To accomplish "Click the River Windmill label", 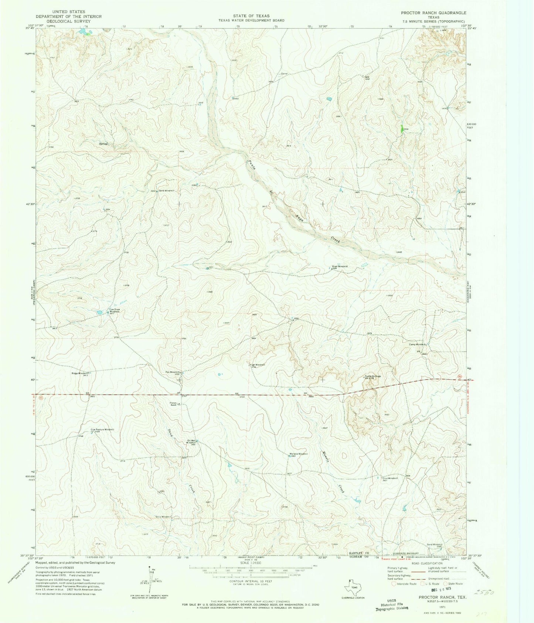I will tap(340, 266).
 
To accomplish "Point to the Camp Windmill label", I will tap(418, 344).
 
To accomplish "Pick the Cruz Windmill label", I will tap(390, 478).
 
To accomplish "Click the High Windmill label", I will tap(258, 365).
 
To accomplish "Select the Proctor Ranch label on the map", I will tap(173, 404).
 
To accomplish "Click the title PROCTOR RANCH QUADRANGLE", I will tap(434, 13).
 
